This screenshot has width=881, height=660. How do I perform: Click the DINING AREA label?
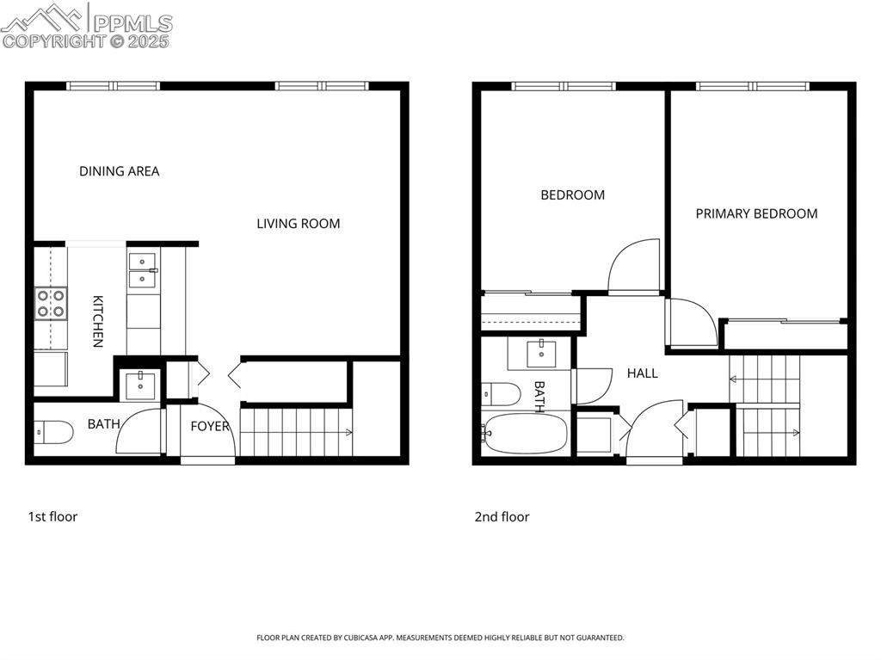(x=119, y=171)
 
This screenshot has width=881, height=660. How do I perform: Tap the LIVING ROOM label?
(x=298, y=224)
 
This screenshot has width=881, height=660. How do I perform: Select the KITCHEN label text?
(x=98, y=321)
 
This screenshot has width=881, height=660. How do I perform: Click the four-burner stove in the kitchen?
(x=51, y=304)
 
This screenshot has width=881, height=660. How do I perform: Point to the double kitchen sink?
(x=142, y=269)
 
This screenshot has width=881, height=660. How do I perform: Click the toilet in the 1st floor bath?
(x=54, y=432)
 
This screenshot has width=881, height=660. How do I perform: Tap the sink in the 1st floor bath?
(x=138, y=385)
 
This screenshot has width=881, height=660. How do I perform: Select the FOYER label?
(x=209, y=426)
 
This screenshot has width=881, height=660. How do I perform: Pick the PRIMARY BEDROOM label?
(x=756, y=213)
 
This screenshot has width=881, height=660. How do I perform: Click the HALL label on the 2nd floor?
(x=642, y=373)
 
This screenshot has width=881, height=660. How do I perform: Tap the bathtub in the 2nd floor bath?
(x=525, y=434)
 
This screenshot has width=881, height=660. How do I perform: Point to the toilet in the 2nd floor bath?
(x=502, y=394)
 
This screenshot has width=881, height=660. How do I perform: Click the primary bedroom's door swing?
(x=692, y=322)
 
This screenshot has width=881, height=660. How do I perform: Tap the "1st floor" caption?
(x=52, y=516)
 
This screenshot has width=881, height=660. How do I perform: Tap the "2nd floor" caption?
(x=502, y=516)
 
